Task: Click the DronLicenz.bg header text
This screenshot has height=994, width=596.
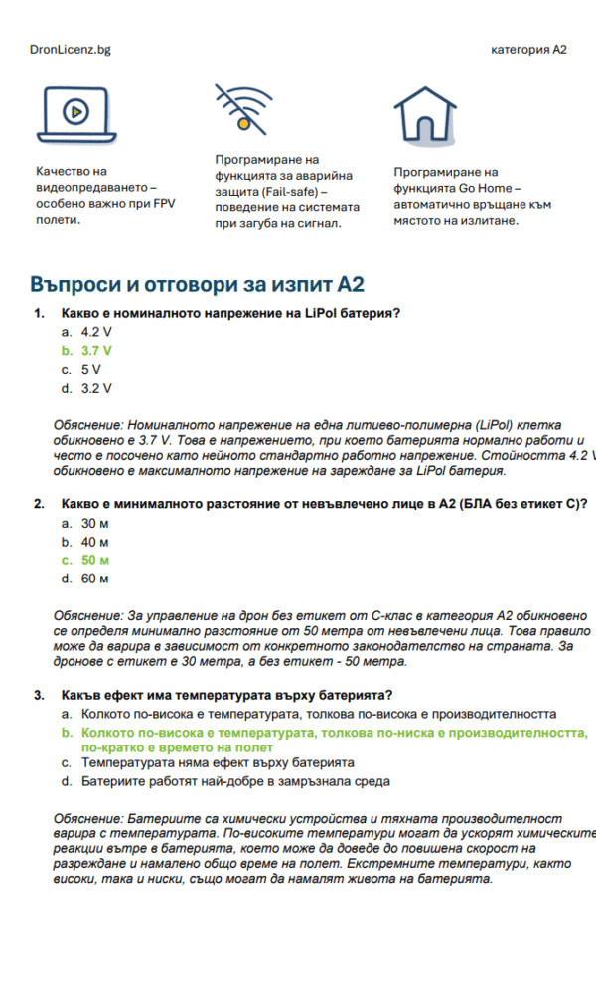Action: click(71, 49)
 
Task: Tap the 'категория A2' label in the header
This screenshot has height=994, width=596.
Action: click(528, 49)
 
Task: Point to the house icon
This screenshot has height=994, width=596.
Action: click(425, 112)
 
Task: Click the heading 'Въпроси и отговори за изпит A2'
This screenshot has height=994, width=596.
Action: click(197, 285)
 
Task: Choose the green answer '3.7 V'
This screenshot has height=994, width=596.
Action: click(96, 351)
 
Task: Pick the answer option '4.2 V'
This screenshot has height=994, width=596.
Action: click(96, 332)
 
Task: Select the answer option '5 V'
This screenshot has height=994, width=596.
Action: click(91, 369)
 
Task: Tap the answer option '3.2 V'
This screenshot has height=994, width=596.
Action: click(96, 388)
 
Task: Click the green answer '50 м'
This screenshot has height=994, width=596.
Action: click(95, 560)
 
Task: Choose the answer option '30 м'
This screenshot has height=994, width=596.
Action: click(95, 523)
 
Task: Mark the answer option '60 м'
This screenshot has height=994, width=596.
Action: click(95, 579)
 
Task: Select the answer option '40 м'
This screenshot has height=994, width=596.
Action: click(95, 542)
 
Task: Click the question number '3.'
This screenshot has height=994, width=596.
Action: click(39, 695)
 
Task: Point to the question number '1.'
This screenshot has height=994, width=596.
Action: click(39, 313)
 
